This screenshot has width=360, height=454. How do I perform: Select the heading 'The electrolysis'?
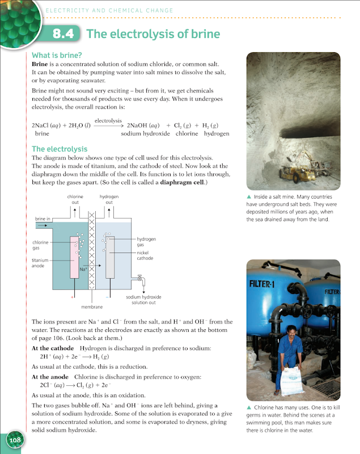pyautogui.click(x=60, y=149)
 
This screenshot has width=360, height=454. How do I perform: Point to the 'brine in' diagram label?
pyautogui.click(x=43, y=218)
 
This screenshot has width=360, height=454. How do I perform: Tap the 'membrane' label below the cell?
pyautogui.click(x=91, y=306)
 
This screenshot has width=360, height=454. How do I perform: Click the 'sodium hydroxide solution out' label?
pyautogui.click(x=143, y=300)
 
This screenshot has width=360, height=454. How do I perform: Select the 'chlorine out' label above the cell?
pyautogui.click(x=75, y=199)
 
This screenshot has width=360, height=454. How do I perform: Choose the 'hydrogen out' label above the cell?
pyautogui.click(x=109, y=199)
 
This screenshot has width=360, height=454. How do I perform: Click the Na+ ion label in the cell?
pyautogui.click(x=83, y=269)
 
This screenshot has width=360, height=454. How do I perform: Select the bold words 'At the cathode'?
pyautogui.click(x=53, y=348)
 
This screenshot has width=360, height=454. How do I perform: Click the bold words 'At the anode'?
pyautogui.click(x=49, y=377)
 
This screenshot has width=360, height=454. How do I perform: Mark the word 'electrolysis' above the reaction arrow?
pyautogui.click(x=108, y=120)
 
